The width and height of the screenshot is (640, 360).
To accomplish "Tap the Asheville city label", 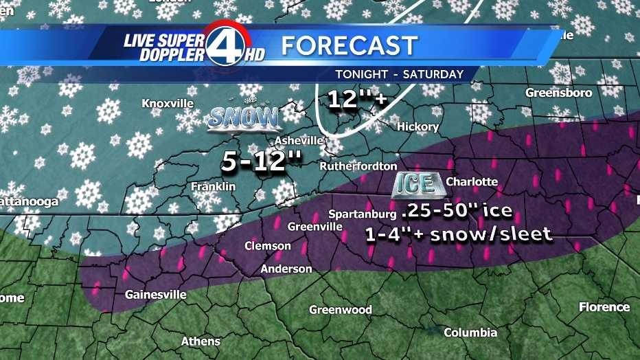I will pyautogui.click(x=299, y=140).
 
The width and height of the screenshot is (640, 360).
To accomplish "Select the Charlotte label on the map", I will pyautogui.click(x=472, y=181).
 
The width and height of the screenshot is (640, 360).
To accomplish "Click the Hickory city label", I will pyautogui.click(x=418, y=126).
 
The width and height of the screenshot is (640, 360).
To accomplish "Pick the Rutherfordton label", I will pyautogui.click(x=358, y=166).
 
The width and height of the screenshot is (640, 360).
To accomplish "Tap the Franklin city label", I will pyautogui.click(x=213, y=186).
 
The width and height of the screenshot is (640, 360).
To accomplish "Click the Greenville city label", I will pyautogui.click(x=315, y=226).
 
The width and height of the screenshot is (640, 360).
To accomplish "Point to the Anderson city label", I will pyautogui.click(x=286, y=269).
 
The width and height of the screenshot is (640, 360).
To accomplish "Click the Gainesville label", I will pyautogui.click(x=155, y=295).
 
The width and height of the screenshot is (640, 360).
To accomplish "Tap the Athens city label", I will pyautogui.click(x=201, y=341).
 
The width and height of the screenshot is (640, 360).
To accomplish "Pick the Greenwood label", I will pyautogui.click(x=340, y=310).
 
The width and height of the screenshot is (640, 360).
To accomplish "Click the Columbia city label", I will pyautogui.click(x=470, y=333).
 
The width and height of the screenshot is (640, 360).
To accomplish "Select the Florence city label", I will pyautogui.click(x=604, y=307).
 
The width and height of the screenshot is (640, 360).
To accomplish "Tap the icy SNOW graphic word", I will pyautogui.click(x=244, y=118).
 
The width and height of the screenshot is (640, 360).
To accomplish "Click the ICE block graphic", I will pyautogui.click(x=415, y=183).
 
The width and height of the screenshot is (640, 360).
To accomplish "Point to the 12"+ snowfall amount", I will pyautogui.click(x=358, y=100).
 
